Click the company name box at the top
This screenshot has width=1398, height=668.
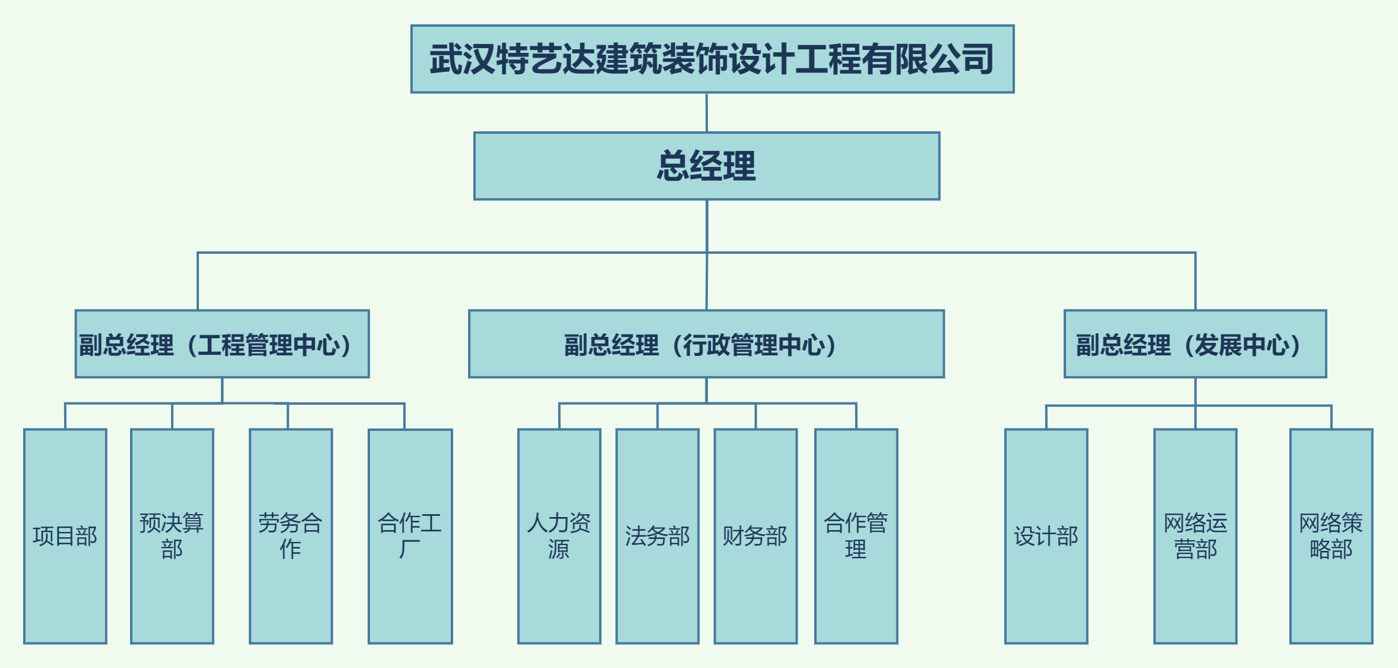pos(712,59)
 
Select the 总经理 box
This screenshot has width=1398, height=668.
pos(706,166)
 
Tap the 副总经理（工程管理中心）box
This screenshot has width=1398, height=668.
pos(222,344)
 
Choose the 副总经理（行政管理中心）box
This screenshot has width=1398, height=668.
pos(706,344)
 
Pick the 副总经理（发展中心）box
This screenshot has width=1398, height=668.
pos(1195,344)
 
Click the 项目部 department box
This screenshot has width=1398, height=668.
pos(65,536)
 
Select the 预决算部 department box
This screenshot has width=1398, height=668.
pos(172,536)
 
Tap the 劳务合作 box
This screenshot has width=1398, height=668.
pos(291,536)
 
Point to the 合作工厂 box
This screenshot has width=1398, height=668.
pos(410,536)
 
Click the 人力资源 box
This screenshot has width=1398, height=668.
pos(559,536)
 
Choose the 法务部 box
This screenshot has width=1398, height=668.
pos(657,536)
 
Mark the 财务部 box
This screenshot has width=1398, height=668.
pos(755,536)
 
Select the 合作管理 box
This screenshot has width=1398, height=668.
pos(856,536)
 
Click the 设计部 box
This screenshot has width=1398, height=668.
pos(1046,536)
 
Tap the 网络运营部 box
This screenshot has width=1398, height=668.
pos(1195,536)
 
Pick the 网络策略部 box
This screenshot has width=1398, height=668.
pos(1331,536)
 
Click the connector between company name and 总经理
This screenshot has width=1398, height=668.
pos(706,112)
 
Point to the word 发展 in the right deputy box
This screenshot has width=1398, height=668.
pos(1218,345)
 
